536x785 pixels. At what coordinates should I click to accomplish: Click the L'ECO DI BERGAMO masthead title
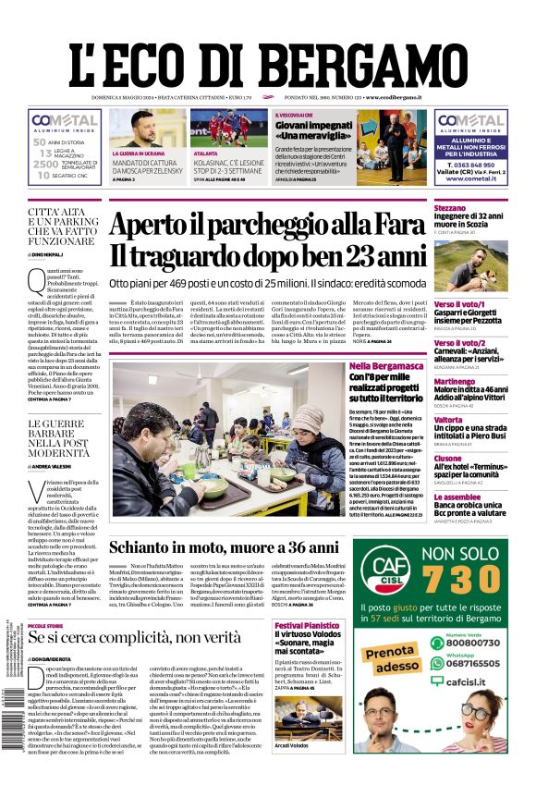point(267,57)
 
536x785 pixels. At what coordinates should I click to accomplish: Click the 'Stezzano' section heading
point(450,209)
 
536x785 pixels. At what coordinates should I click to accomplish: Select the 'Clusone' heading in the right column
point(448,458)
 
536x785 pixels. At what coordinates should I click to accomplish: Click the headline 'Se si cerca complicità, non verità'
point(134,638)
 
